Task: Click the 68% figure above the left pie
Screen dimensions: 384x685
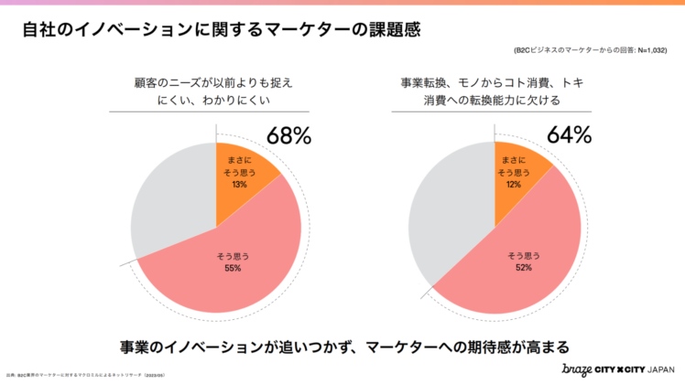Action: pos(288,136)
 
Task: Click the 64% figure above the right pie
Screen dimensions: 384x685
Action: pos(569,136)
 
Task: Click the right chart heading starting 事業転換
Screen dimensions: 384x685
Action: pos(495,91)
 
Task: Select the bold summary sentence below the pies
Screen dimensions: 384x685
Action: pos(343,347)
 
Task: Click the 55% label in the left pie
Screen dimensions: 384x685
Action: pos(232,268)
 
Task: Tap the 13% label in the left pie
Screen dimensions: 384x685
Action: pos(240,184)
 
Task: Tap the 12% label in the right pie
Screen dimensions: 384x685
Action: pos(515,184)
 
